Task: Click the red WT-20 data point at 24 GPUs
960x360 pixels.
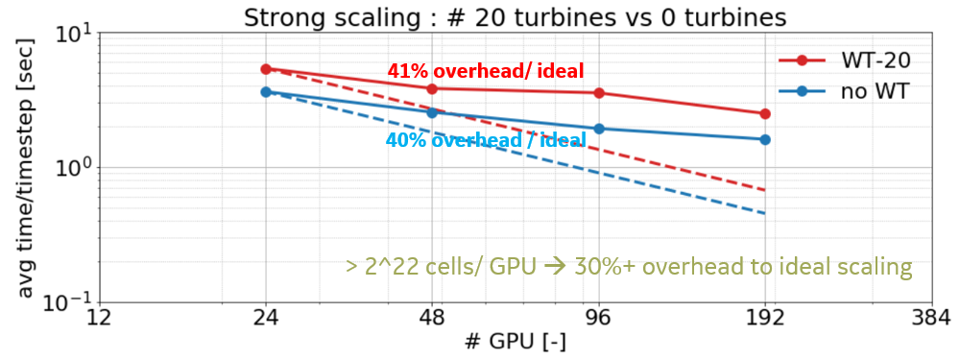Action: tap(266, 69)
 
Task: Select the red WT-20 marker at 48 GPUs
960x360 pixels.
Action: tap(432, 88)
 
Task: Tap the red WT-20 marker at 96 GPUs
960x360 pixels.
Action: tap(599, 93)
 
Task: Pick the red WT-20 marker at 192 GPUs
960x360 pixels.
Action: tap(765, 113)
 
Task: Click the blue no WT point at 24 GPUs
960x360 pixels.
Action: tap(266, 92)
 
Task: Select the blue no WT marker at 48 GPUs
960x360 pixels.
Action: tap(432, 112)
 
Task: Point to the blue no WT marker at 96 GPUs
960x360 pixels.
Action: tap(599, 129)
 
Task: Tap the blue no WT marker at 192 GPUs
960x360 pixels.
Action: tap(765, 139)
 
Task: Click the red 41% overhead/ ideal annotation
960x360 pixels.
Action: tap(486, 70)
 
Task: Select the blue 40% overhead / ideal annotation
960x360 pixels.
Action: tap(486, 140)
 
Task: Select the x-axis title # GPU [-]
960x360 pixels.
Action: tap(516, 343)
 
